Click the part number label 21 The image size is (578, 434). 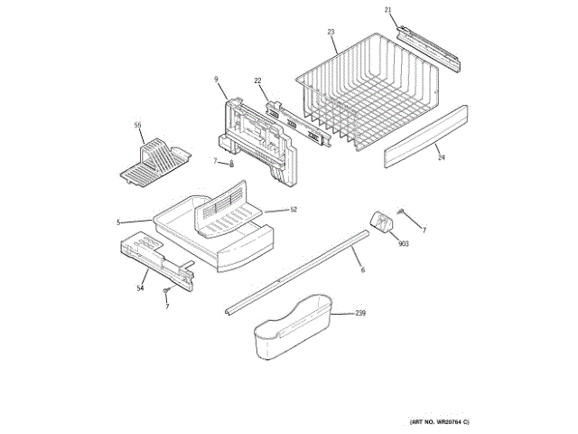click(x=388, y=10)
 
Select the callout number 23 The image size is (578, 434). click(x=331, y=32)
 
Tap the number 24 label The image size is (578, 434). click(x=442, y=157)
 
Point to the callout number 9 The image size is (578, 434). click(x=217, y=80)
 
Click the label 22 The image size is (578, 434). click(x=257, y=80)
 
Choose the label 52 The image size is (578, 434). click(x=294, y=210)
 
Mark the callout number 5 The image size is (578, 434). click(x=117, y=222)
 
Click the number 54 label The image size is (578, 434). click(x=140, y=288)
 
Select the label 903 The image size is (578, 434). click(x=403, y=244)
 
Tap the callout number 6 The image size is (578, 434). click(x=363, y=270)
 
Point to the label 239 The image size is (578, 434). click(x=359, y=314)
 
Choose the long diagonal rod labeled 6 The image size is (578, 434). click(x=298, y=271)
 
